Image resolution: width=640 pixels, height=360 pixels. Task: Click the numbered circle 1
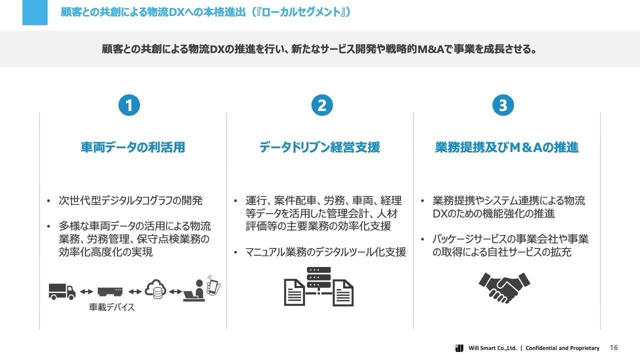pyautogui.click(x=129, y=105)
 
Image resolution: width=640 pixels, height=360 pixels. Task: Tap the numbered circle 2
pyautogui.click(x=322, y=105)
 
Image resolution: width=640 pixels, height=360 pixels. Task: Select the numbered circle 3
pyautogui.click(x=503, y=105)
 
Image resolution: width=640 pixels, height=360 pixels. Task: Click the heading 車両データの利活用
pyautogui.click(x=133, y=147)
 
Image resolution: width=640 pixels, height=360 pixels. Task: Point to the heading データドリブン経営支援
pyautogui.click(x=319, y=147)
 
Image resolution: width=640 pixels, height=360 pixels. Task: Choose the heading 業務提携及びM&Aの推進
pyautogui.click(x=507, y=147)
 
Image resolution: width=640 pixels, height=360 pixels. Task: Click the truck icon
pyautogui.click(x=62, y=291)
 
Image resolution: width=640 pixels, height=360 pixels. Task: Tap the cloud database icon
pyautogui.click(x=155, y=289)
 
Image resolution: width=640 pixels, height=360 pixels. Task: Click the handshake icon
pyautogui.click(x=504, y=287)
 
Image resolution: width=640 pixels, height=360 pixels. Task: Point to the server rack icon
pyautogui.click(x=319, y=277)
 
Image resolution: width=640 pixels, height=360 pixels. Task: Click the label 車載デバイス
pyautogui.click(x=111, y=307)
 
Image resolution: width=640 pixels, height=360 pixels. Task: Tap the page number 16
pyautogui.click(x=613, y=347)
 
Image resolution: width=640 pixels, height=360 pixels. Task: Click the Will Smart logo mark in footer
pyautogui.click(x=459, y=348)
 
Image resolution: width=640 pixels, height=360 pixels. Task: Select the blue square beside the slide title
pyautogui.click(x=35, y=12)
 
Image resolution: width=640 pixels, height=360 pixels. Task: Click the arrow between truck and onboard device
pyautogui.click(x=86, y=291)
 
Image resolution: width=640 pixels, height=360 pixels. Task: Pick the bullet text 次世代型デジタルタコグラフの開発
pyautogui.click(x=130, y=200)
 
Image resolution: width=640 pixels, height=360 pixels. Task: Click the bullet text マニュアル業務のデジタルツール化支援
pyautogui.click(x=325, y=252)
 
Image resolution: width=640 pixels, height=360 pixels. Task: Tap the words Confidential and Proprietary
pyautogui.click(x=562, y=348)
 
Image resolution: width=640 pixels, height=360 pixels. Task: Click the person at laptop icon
pyautogui.click(x=194, y=290)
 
